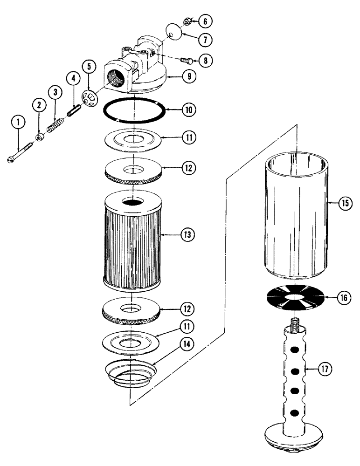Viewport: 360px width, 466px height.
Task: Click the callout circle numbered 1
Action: pos(18,123)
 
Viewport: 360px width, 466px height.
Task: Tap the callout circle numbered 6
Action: pos(206,21)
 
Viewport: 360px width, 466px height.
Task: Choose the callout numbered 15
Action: pos(346,203)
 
